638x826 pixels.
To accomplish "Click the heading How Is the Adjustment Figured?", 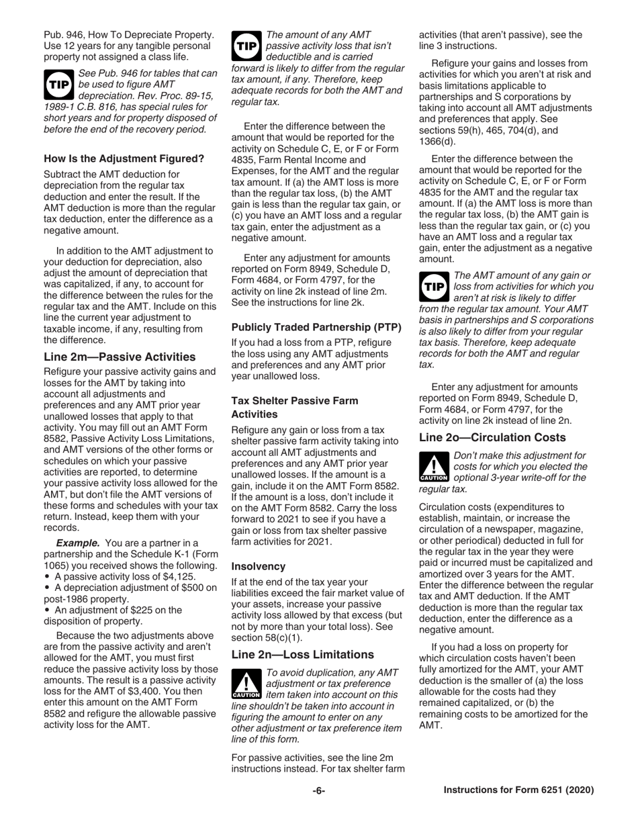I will (124, 159).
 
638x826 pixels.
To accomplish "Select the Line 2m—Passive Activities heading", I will (120, 357).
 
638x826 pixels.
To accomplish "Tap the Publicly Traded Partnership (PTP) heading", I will (316, 328).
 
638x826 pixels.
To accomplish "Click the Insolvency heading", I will (259, 566).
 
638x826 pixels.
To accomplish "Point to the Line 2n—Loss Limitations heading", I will (302, 654).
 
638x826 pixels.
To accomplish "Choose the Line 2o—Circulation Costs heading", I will (492, 437).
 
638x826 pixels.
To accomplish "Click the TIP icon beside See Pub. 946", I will (58, 82).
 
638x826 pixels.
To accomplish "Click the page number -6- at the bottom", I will (318, 790).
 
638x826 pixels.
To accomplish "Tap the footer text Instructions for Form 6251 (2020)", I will (518, 790).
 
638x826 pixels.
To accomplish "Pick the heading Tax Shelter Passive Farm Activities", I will (295, 406).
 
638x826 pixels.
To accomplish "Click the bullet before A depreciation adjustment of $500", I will (47, 588).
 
